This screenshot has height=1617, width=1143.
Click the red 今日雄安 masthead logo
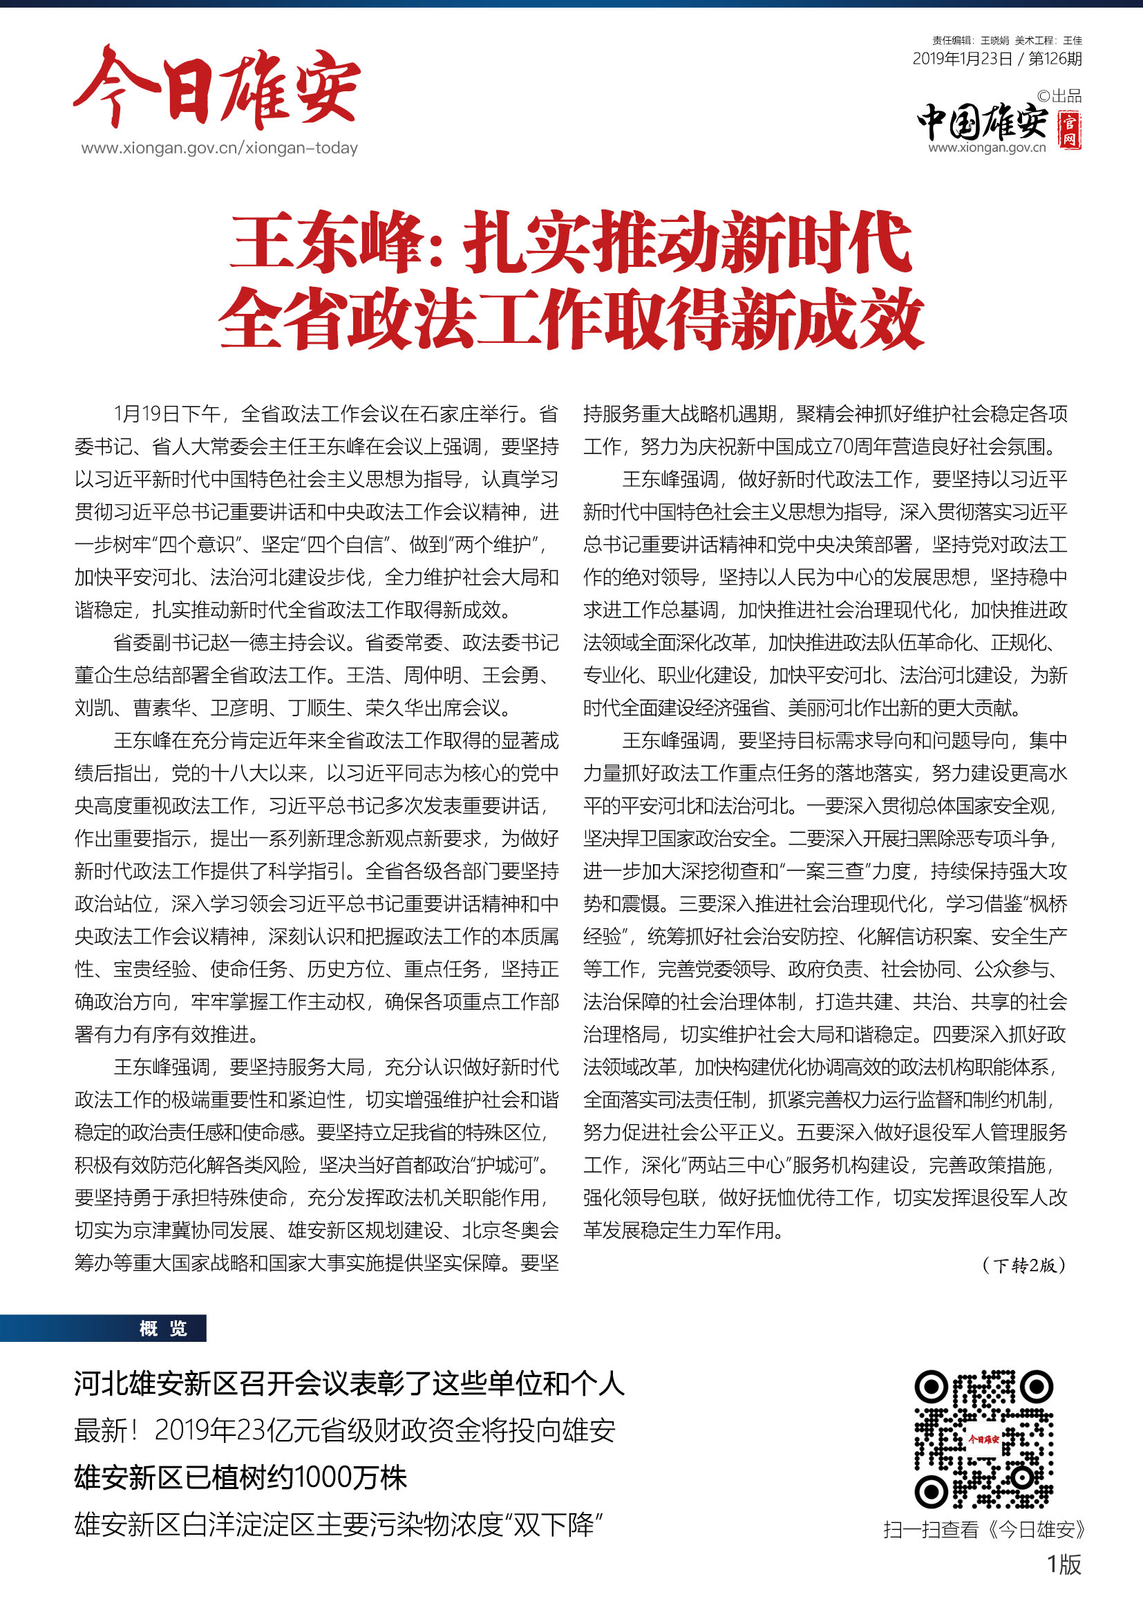(217, 88)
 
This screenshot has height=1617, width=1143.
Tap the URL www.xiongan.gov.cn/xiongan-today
(219, 148)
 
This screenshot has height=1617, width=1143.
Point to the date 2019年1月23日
(962, 59)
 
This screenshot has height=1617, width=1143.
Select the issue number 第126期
(1055, 59)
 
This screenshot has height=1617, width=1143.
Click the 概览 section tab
(162, 1328)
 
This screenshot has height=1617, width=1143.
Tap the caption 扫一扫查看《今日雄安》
(984, 1529)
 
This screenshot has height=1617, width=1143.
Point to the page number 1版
(1064, 1564)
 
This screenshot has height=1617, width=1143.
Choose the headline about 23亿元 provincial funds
(345, 1430)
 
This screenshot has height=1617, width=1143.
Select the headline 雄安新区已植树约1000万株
(240, 1477)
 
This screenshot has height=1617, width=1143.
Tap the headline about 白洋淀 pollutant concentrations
(339, 1525)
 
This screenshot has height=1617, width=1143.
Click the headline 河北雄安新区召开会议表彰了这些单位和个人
(349, 1384)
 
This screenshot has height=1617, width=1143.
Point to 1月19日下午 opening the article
(167, 413)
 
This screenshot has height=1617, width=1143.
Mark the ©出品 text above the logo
(1059, 96)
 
